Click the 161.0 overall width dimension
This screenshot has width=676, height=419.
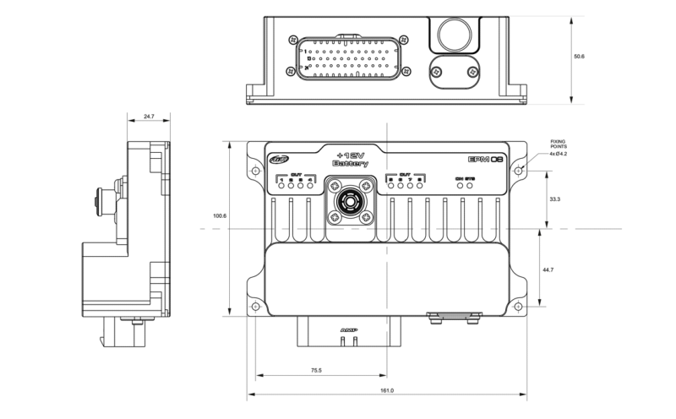tap(388, 391)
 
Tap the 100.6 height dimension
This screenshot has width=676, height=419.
tap(220, 216)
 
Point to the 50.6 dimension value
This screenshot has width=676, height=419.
tap(579, 57)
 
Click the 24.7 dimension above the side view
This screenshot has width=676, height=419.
tap(149, 116)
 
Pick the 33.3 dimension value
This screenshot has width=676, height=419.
tap(555, 199)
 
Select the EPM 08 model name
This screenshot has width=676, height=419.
tap(486, 159)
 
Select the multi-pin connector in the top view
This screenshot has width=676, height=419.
tap(349, 58)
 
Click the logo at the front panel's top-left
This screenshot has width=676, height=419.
tap(279, 158)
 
